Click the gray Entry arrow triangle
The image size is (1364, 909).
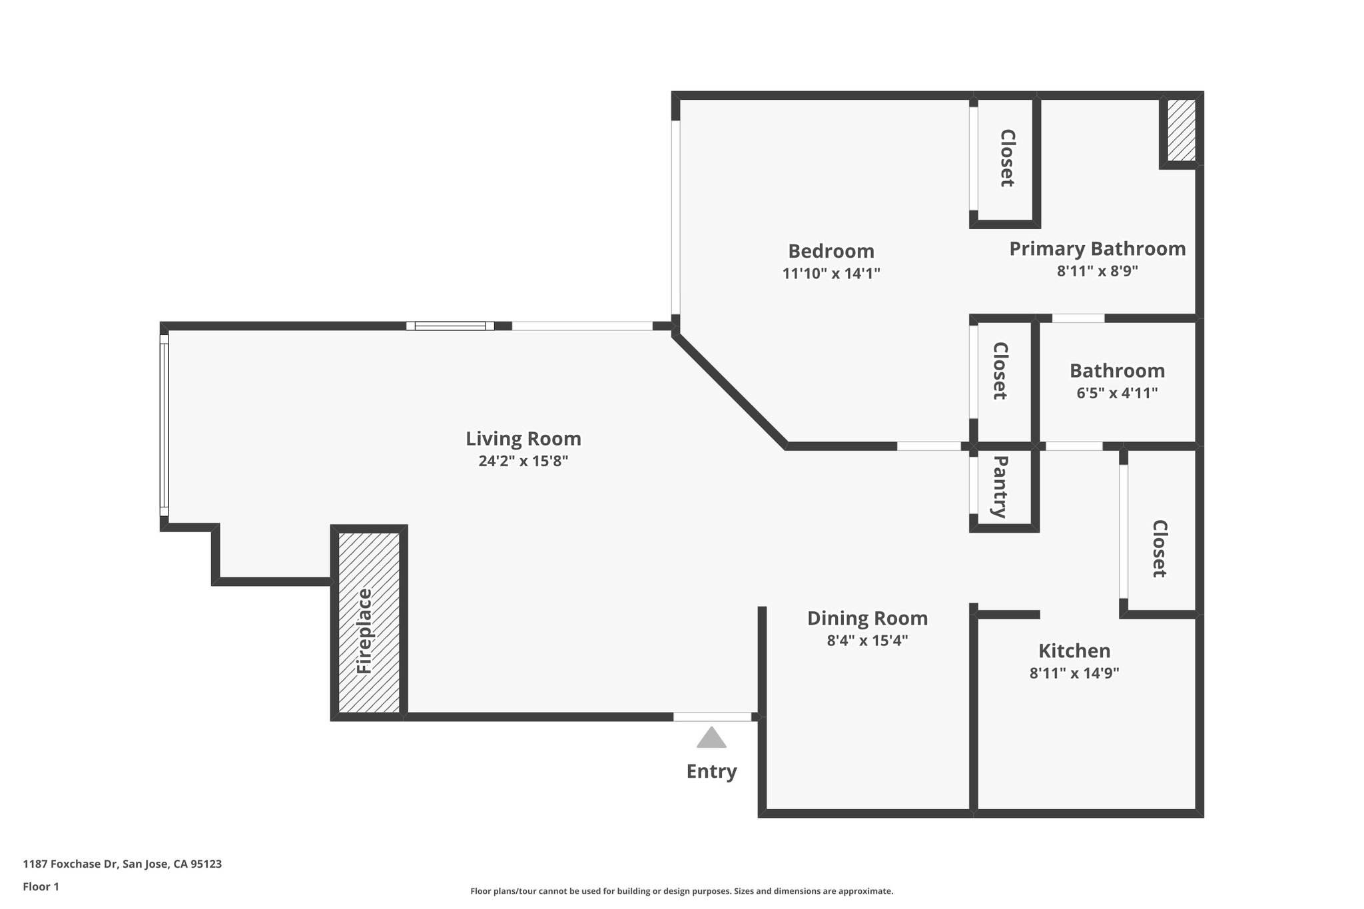click(711, 739)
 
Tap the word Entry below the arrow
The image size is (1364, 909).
click(711, 771)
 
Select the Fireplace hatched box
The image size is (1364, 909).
click(369, 623)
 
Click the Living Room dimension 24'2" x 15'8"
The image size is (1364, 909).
click(523, 461)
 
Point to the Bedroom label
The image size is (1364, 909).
click(831, 251)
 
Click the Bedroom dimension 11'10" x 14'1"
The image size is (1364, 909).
click(831, 273)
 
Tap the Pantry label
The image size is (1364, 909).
click(1000, 486)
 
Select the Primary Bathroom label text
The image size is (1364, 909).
click(1097, 248)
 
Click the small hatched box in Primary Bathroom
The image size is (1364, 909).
click(1182, 131)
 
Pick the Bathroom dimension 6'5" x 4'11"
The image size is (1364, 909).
click(1117, 393)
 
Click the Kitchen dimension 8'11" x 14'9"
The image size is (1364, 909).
click(1074, 673)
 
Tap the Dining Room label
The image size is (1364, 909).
click(867, 618)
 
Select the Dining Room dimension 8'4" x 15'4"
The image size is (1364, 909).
click(867, 641)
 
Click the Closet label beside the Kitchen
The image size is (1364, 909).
click(1160, 549)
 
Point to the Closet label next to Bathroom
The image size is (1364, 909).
click(1000, 371)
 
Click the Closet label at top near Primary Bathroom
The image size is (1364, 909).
click(1007, 158)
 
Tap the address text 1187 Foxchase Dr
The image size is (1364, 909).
click(122, 864)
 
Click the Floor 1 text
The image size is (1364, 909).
click(41, 886)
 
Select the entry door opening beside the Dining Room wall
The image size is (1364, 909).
click(712, 717)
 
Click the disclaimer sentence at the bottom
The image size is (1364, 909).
click(681, 891)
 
